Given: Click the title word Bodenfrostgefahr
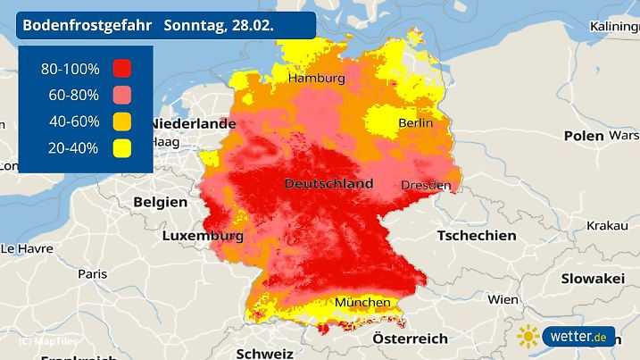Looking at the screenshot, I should coord(87,26).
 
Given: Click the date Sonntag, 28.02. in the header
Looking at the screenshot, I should coord(219,26).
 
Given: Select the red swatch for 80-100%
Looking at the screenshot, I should coord(121,68).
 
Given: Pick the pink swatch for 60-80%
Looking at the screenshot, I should coord(121,95).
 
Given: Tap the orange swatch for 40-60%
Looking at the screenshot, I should coord(121,121).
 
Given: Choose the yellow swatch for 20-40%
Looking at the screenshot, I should coord(121,148).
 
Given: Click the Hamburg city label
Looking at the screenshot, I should coord(315,79).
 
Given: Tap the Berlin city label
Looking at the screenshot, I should coord(416,123).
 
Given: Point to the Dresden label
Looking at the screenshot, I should coord(425,185).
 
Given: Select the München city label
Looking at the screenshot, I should coord(362,303).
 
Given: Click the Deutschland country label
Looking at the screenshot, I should coord(328,183).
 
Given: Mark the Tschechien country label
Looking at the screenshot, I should coord(477,236).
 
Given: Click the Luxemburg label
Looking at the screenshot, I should coord(203,237).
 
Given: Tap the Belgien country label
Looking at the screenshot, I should coord(161,202).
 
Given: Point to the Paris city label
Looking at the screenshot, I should coord(92,273).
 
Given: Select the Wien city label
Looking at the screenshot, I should coord(503,299).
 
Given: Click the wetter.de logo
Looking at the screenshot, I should coord(578,337).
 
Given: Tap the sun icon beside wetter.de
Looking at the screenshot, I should coord(528,337).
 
